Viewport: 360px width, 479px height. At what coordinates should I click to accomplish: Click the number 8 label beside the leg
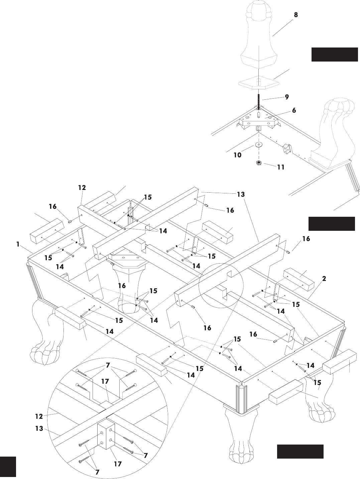click(296, 15)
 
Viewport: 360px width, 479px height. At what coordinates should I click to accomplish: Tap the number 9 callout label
click(287, 97)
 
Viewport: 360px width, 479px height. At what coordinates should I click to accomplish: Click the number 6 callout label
click(294, 110)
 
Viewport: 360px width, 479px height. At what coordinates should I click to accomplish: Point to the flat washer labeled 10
click(259, 145)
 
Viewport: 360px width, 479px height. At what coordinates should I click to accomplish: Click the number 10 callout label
click(237, 155)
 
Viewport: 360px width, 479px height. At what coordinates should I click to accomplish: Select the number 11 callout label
click(281, 167)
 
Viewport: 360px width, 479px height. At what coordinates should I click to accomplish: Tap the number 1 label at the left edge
click(18, 244)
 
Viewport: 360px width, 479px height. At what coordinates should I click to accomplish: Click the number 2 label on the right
click(324, 278)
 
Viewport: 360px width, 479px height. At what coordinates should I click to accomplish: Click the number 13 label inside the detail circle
click(39, 428)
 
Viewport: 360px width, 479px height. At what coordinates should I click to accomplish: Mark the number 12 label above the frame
click(82, 187)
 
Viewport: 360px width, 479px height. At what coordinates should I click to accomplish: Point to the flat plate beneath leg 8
click(259, 83)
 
